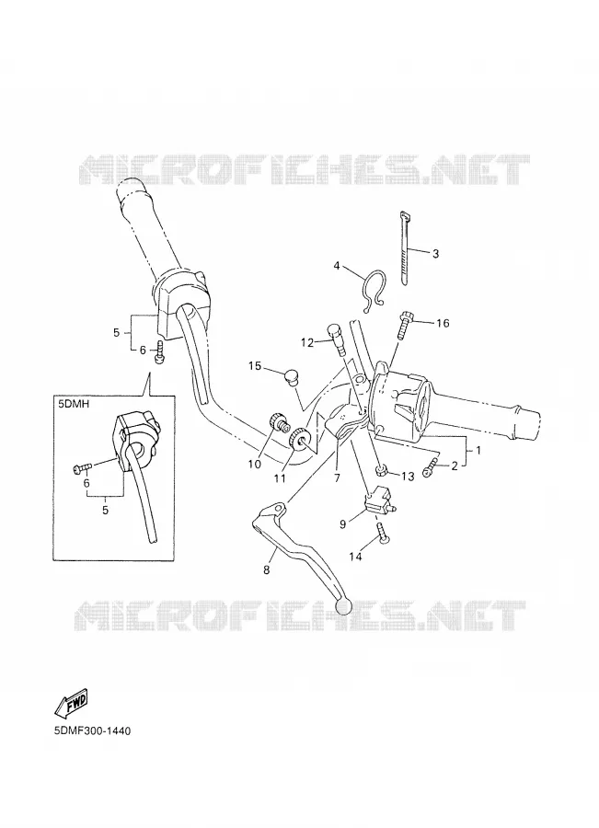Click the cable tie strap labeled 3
[405, 249]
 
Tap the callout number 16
[443, 323]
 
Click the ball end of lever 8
[344, 605]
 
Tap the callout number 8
[267, 569]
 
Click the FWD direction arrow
[72, 703]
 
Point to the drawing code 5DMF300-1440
[92, 731]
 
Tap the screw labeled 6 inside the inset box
[83, 466]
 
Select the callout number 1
[478, 451]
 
